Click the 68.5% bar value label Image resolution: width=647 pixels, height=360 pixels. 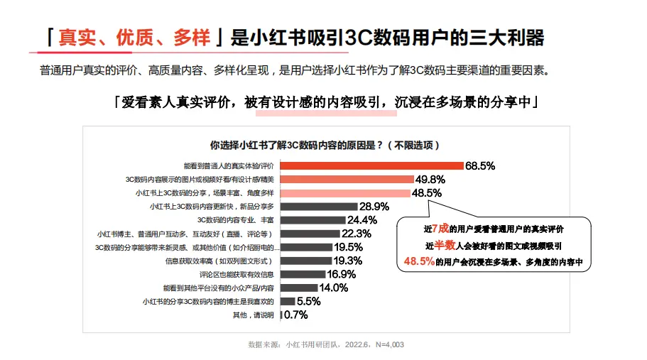click(x=480, y=165)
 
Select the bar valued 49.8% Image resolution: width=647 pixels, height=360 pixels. click(x=347, y=179)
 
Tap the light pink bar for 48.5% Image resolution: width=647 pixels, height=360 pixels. click(x=345, y=192)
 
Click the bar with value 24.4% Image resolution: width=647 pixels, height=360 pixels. click(x=312, y=219)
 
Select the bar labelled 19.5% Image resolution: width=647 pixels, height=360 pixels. click(x=306, y=247)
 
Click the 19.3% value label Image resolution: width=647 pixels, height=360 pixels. click(x=348, y=261)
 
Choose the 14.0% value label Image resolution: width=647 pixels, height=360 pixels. click(x=334, y=288)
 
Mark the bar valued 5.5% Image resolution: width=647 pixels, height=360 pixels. click(x=288, y=301)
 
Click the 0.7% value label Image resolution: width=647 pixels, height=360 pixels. click(x=295, y=315)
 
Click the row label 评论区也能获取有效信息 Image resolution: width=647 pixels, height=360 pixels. click(x=237, y=274)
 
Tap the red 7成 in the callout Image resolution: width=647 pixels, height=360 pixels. click(x=440, y=229)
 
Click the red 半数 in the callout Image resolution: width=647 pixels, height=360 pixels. click(x=444, y=245)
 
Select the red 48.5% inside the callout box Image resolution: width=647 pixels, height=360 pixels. click(x=419, y=261)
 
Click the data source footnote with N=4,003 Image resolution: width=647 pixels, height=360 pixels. click(x=326, y=344)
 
